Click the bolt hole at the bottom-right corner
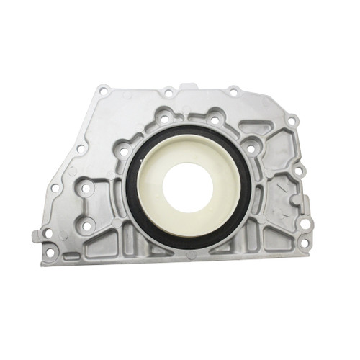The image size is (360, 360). point(305,244)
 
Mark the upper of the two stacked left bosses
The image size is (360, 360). point(86,190)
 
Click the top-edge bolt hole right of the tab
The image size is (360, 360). point(234,91)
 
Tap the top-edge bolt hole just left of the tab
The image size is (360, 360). point(168,92)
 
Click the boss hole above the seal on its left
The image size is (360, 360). point(166,120)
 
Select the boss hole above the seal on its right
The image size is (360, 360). point(214,119)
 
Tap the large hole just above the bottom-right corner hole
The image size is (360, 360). point(305,224)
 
